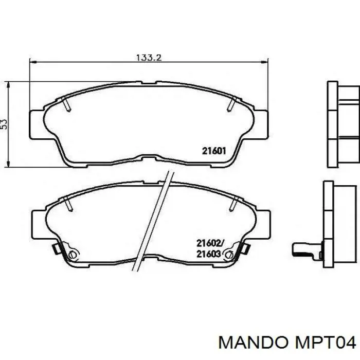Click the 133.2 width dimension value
149,57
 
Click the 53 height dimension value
4,124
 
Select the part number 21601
214,151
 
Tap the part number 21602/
210,243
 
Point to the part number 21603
209,254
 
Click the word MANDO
253,343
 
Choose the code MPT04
325,343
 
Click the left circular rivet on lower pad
73,255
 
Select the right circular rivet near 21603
229,255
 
